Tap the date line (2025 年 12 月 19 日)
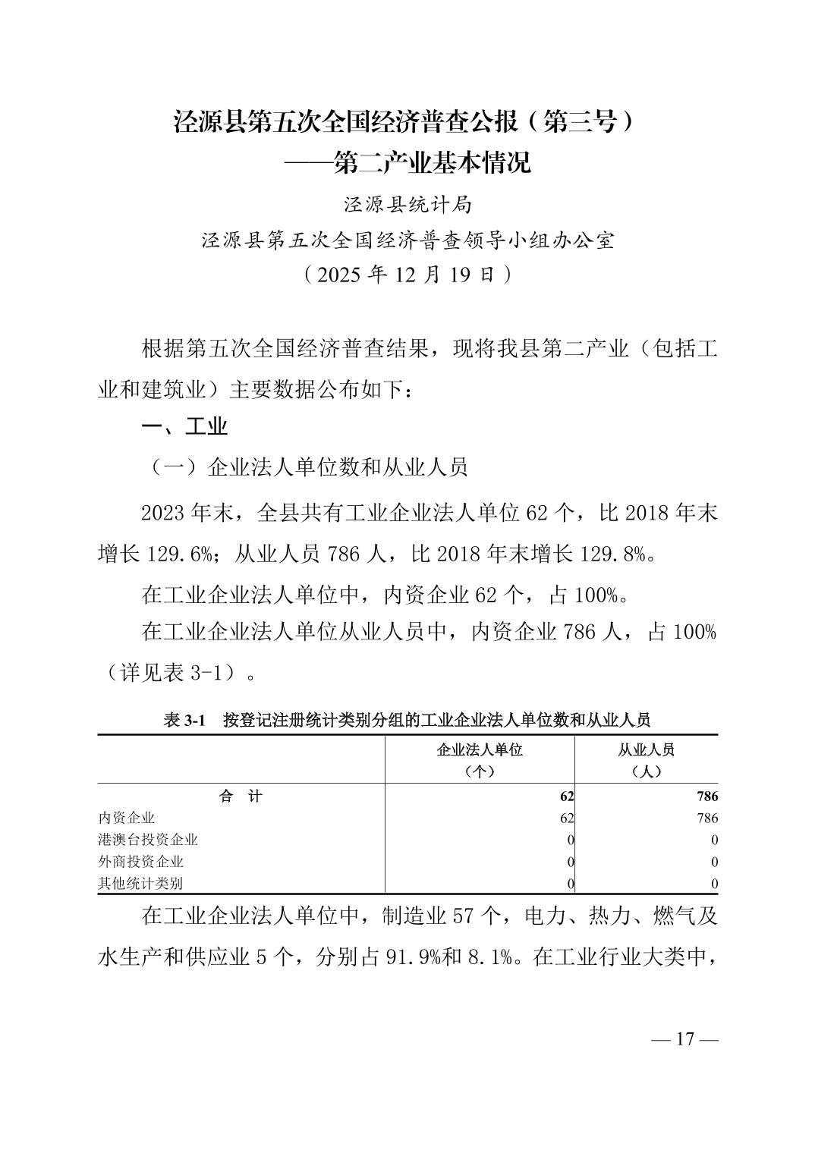click(407, 274)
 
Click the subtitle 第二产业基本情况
click(433, 162)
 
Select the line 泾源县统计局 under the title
click(407, 205)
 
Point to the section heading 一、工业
click(185, 426)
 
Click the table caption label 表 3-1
click(185, 720)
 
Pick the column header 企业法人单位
click(480, 750)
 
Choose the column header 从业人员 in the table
click(646, 750)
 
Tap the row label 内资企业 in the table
click(127, 818)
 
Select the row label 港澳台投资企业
click(148, 840)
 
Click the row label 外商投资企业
click(141, 862)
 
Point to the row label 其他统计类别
click(141, 884)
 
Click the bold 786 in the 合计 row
click(706, 796)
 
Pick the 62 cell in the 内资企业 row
click(566, 818)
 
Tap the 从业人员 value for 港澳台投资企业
click(714, 840)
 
